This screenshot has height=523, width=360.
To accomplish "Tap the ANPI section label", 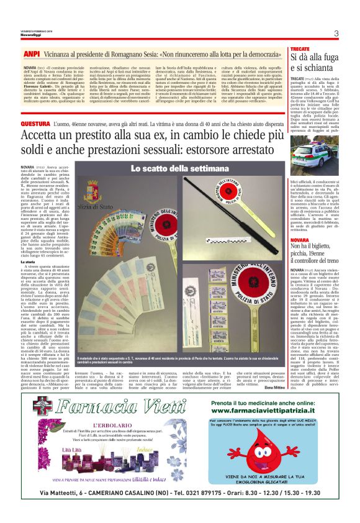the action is [x=31, y=55].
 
